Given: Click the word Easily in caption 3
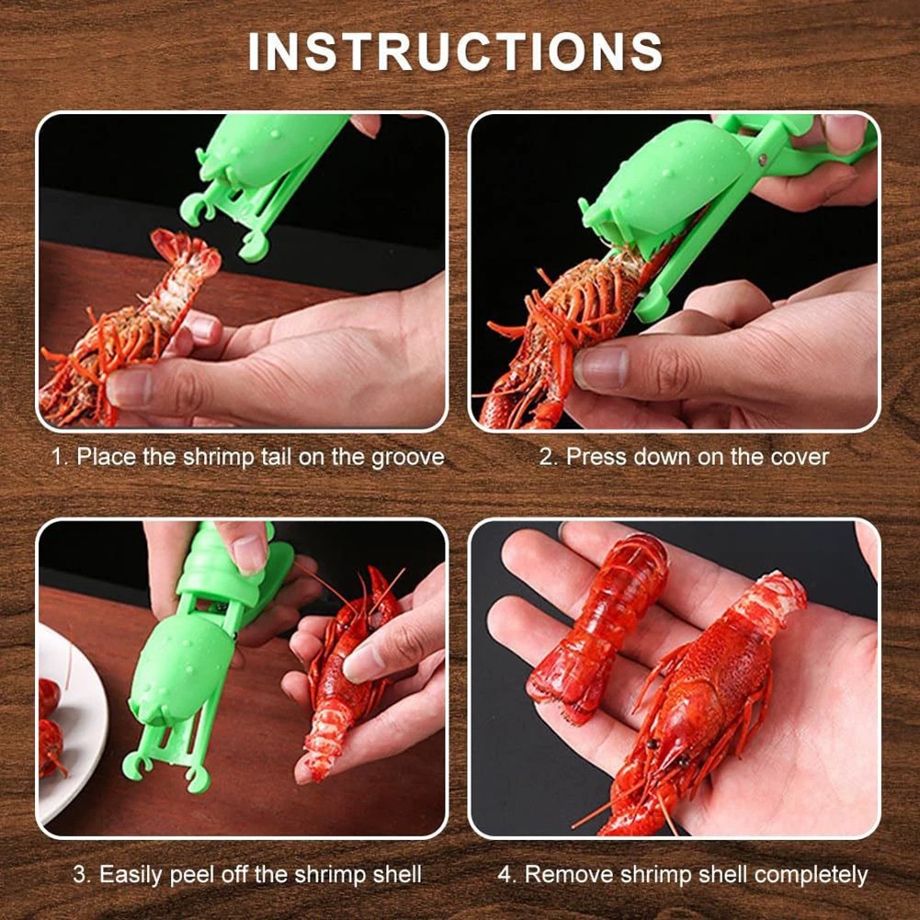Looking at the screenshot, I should point(135,873).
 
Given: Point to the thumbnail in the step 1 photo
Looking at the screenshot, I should point(131,386).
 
